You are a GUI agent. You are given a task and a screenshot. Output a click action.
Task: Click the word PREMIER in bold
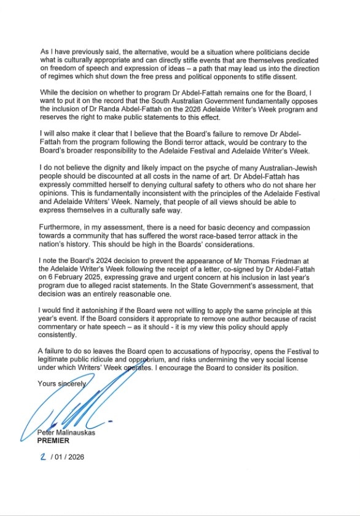[53, 440]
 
